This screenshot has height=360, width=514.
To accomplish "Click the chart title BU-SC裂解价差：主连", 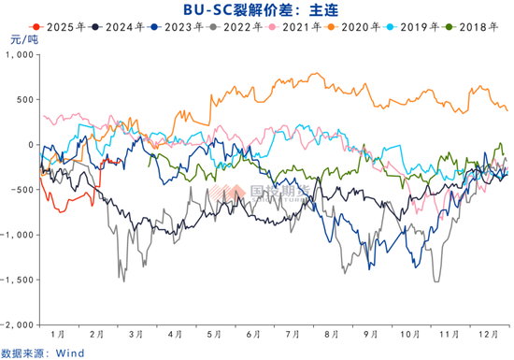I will (257, 10).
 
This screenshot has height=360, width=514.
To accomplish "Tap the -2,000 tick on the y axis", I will (17, 324).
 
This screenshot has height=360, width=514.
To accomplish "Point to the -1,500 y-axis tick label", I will (17, 280).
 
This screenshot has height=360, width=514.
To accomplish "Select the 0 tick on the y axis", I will (32, 145).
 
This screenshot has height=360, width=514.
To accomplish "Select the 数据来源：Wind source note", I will (42, 352).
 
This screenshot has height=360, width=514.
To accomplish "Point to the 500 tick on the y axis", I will (26, 100).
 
